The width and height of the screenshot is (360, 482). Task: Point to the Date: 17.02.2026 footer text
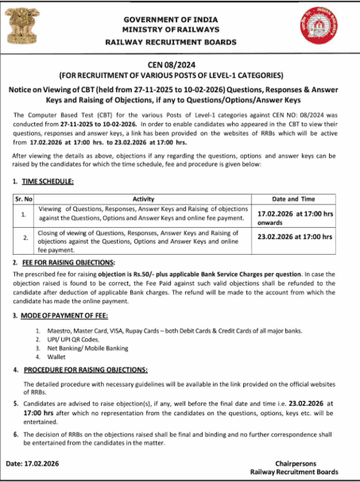point(38,462)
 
